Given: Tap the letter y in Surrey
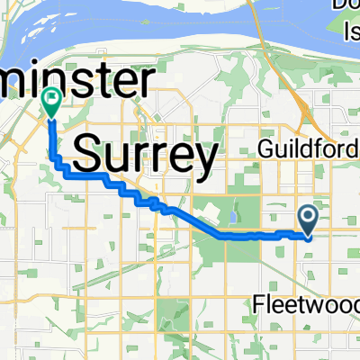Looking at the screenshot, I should click(206, 160).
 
